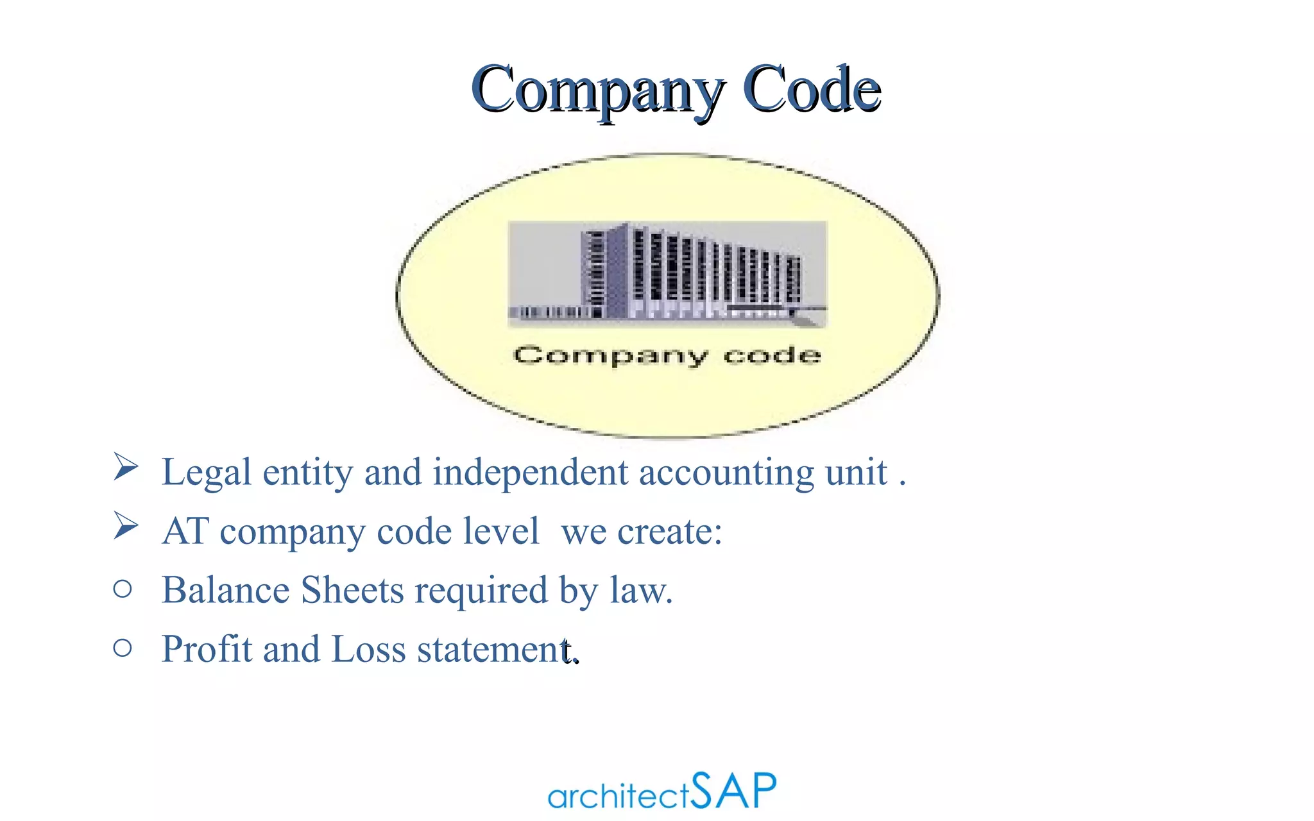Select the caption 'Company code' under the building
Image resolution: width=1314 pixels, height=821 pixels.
[x=667, y=355]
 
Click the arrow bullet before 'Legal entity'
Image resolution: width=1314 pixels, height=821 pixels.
[x=126, y=466]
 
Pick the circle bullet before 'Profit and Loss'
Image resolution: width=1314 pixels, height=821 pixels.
[x=123, y=648]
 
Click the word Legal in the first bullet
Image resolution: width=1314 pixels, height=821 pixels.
[x=206, y=473]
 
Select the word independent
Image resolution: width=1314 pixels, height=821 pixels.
[x=530, y=472]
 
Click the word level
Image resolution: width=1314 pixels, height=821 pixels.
[x=501, y=531]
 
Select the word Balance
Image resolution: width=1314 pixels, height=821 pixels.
[x=225, y=590]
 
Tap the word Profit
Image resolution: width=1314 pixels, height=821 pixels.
[x=207, y=649]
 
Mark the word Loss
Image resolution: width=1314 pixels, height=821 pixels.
[x=368, y=649]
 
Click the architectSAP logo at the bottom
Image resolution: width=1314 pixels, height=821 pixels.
[x=661, y=791]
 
